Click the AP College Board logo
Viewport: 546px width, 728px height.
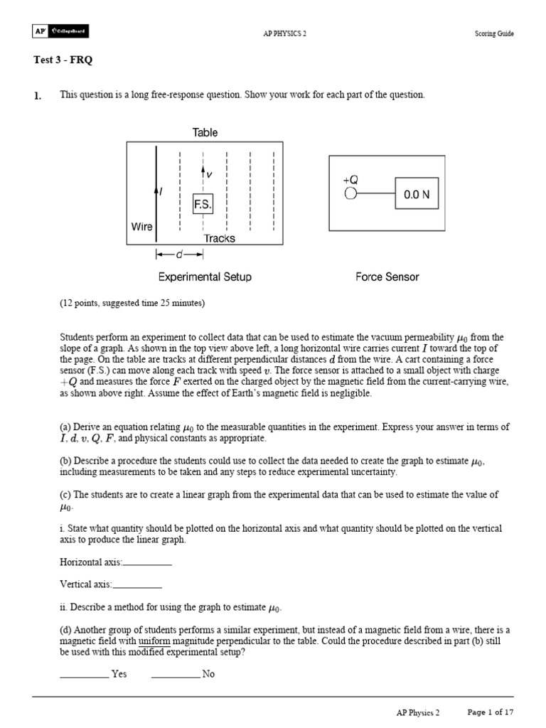click(60, 31)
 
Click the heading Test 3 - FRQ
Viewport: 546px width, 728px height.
click(63, 60)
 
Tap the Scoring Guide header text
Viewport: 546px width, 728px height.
click(494, 33)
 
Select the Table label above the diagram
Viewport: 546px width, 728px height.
click(205, 132)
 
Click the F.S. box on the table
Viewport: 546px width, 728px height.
click(203, 204)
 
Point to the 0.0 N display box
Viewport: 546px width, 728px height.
click(417, 193)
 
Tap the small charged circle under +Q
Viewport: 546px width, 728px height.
click(350, 193)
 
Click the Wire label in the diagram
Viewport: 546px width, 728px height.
click(141, 227)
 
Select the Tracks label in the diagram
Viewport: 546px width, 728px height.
click(219, 238)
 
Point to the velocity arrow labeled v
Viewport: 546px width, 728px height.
click(204, 173)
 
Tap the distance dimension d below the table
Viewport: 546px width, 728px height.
click(180, 255)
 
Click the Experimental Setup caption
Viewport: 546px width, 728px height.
click(205, 277)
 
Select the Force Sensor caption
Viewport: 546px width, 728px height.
click(387, 277)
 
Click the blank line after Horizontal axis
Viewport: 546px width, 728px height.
click(147, 563)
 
